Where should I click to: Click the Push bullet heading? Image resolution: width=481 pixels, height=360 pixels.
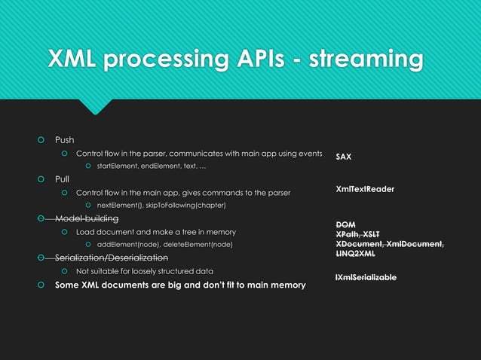tap(64, 140)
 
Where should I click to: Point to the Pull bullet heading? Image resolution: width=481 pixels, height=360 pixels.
tap(62, 179)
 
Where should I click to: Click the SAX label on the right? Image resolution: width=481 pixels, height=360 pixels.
tap(343, 157)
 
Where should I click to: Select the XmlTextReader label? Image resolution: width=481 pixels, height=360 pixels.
tap(365, 189)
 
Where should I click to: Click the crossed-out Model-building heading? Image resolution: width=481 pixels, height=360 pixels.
tap(87, 218)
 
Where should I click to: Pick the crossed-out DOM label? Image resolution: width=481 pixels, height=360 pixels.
tap(345, 225)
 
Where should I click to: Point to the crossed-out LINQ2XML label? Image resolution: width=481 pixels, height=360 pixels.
tap(356, 254)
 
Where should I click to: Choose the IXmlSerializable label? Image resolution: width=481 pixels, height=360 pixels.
tap(366, 278)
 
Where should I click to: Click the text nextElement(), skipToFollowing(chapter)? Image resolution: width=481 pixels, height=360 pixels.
tap(161, 206)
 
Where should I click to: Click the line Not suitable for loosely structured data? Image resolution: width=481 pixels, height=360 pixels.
tap(145, 271)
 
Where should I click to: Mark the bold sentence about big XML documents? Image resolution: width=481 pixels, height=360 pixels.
tap(180, 285)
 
